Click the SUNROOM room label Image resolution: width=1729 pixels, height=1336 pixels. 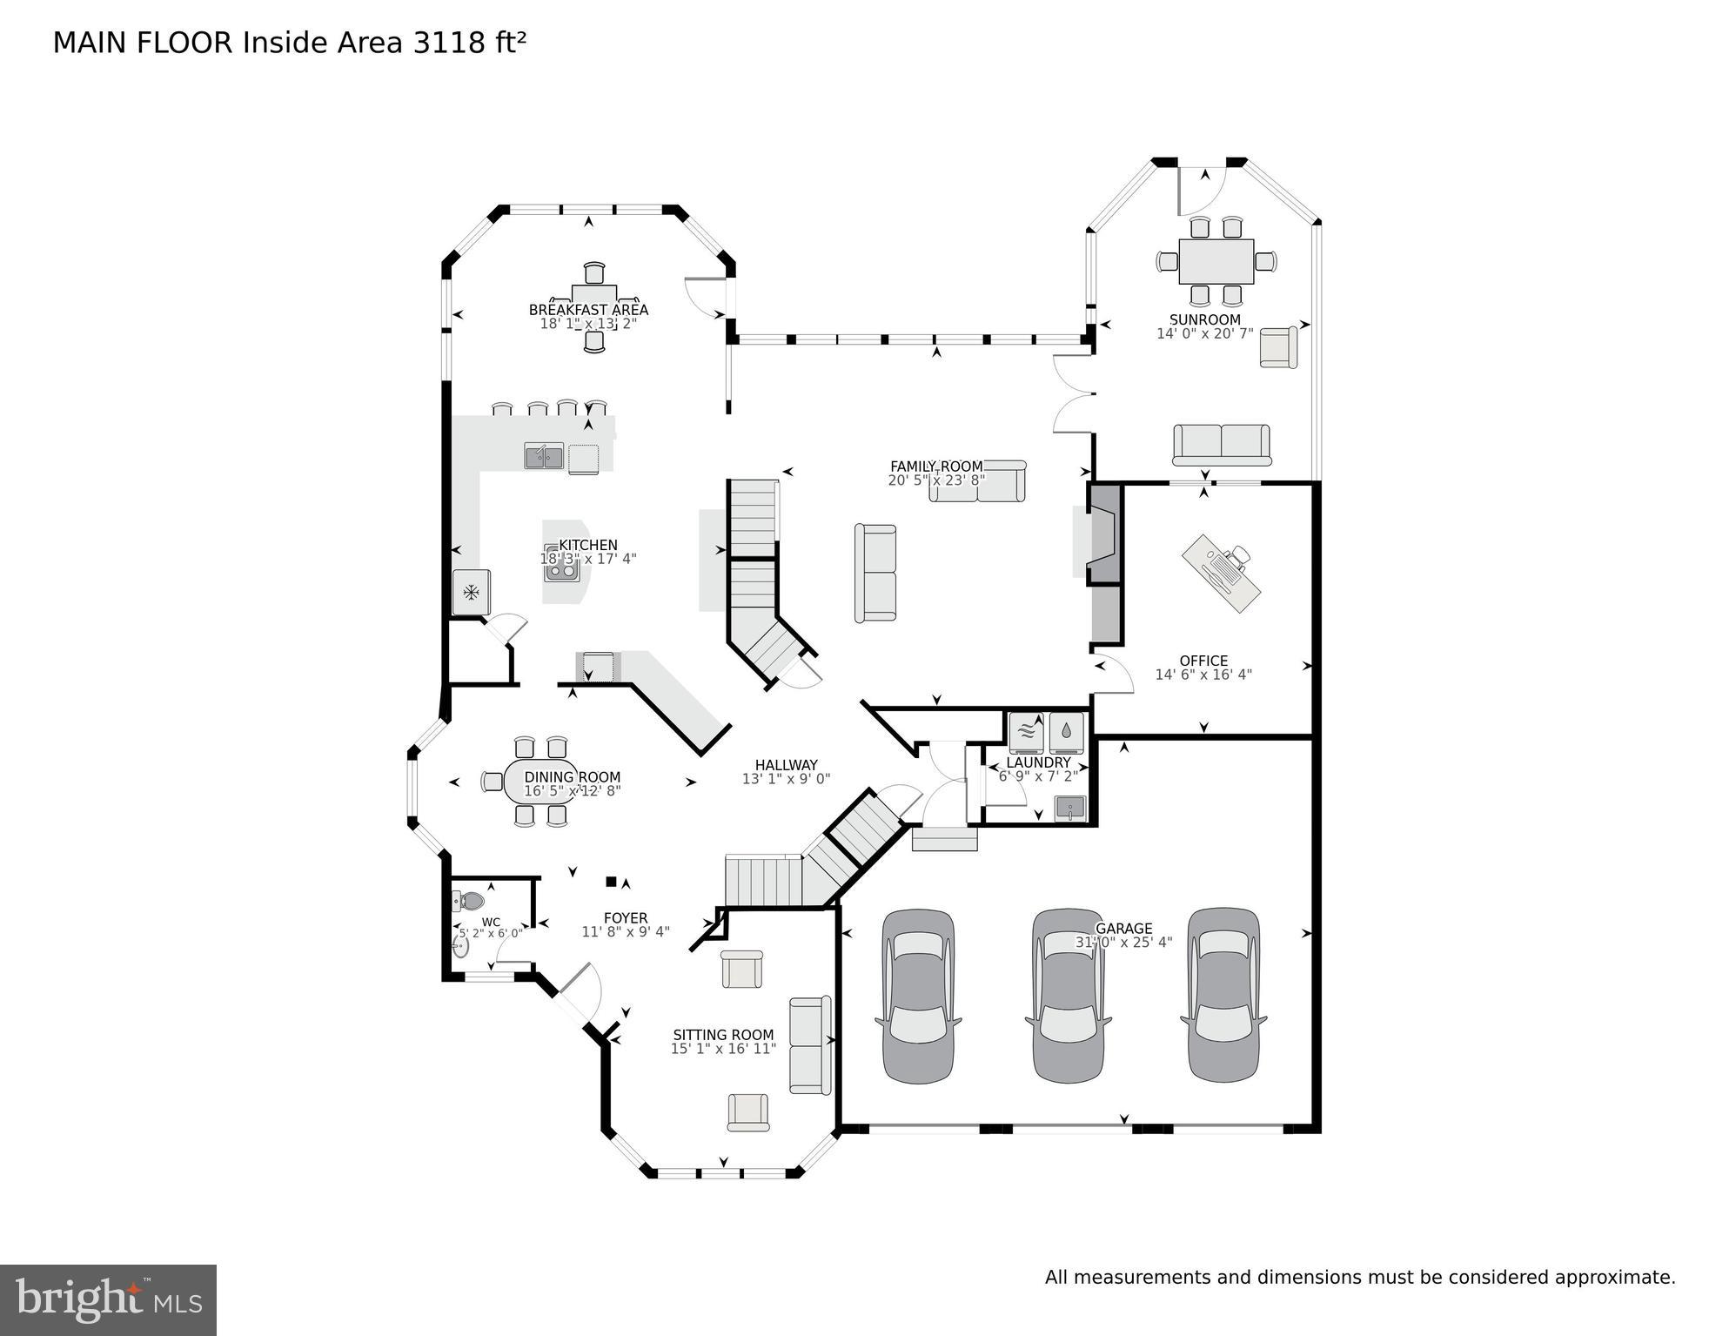[x=1204, y=319]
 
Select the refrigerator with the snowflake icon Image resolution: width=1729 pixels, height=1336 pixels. [x=471, y=593]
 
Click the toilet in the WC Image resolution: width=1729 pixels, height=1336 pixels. [x=470, y=901]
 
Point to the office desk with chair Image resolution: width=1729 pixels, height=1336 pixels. [x=1221, y=572]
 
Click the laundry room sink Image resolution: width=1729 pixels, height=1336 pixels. [x=1069, y=808]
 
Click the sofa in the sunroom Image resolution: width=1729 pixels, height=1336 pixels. [x=1221, y=444]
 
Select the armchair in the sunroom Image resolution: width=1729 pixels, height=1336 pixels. [x=1277, y=347]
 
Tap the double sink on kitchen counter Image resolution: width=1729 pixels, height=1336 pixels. [x=544, y=456]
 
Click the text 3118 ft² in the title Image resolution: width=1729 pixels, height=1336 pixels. [x=469, y=43]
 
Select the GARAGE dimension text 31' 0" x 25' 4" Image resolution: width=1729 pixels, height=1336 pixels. [x=1123, y=942]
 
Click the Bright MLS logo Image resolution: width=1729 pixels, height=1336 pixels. [x=108, y=1299]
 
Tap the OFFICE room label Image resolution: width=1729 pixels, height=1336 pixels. [x=1203, y=661]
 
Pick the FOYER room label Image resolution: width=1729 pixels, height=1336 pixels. [x=626, y=917]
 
